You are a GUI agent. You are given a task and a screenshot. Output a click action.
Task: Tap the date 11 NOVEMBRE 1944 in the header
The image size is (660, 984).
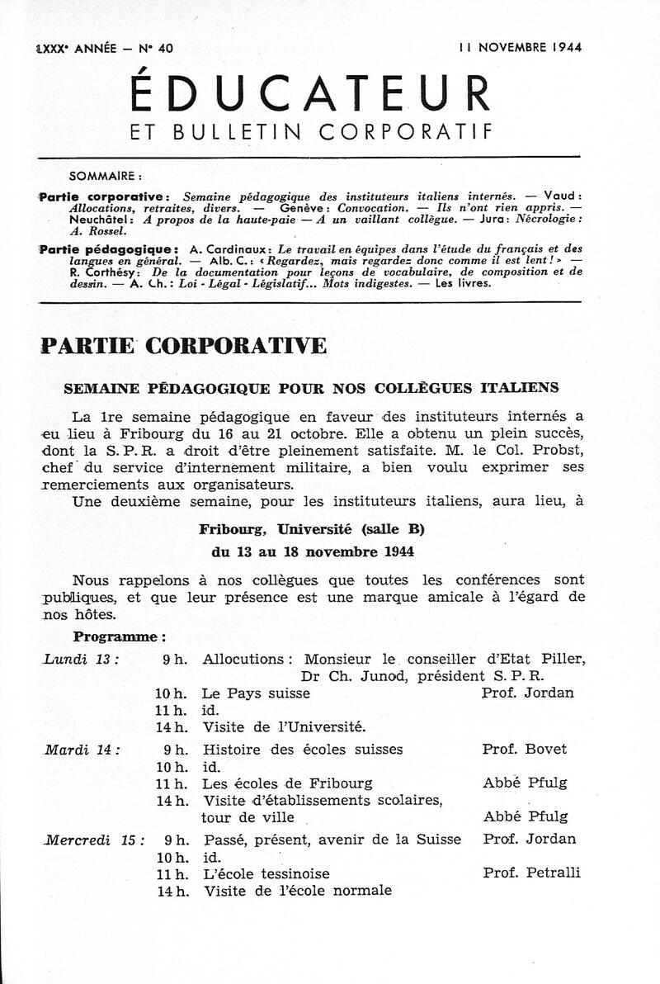pyautogui.click(x=520, y=47)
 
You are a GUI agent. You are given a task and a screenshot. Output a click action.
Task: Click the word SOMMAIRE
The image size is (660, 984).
pyautogui.click(x=106, y=175)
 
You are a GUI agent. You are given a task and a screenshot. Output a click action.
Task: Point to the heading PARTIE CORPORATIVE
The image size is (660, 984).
pyautogui.click(x=182, y=345)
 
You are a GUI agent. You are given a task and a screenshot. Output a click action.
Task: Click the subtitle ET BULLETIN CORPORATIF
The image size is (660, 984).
pyautogui.click(x=310, y=131)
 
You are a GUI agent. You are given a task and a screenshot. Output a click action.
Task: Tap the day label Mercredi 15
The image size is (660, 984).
pyautogui.click(x=93, y=840)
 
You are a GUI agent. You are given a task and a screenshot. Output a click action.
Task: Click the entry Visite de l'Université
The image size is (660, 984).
pyautogui.click(x=283, y=726)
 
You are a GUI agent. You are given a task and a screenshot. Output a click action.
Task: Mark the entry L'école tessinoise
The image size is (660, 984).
pyautogui.click(x=266, y=873)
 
